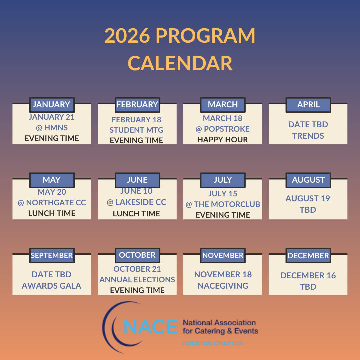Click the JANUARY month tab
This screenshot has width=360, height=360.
pyautogui.click(x=52, y=105)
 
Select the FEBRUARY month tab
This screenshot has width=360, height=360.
pyautogui.click(x=137, y=105)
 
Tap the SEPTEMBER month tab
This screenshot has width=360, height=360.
pyautogui.click(x=52, y=256)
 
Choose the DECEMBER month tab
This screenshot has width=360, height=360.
pyautogui.click(x=308, y=256)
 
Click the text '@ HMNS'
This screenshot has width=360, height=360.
pyautogui.click(x=52, y=128)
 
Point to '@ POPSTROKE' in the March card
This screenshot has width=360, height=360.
pyautogui.click(x=223, y=129)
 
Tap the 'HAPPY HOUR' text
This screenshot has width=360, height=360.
pyautogui.click(x=223, y=140)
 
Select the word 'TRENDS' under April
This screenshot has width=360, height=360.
pyautogui.click(x=308, y=136)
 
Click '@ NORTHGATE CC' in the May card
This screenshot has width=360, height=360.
pyautogui.click(x=52, y=203)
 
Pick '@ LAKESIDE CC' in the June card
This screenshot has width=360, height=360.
pyautogui.click(x=137, y=202)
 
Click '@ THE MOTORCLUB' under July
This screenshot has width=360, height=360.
pyautogui.click(x=223, y=204)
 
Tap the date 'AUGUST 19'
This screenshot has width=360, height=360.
pyautogui.click(x=308, y=199)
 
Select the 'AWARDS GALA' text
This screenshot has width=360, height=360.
pyautogui.click(x=52, y=286)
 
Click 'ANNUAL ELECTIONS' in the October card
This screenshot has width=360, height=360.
pyautogui.click(x=137, y=279)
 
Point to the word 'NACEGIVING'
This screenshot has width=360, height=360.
pyautogui.click(x=223, y=286)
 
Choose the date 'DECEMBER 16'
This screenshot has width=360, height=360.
pyautogui.click(x=308, y=276)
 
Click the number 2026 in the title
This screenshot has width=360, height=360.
pyautogui.click(x=127, y=36)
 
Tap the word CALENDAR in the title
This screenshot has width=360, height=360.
pyautogui.click(x=180, y=63)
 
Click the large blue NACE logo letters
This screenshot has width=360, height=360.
pyautogui.click(x=150, y=326)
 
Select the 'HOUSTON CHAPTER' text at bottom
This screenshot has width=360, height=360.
pyautogui.click(x=212, y=343)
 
